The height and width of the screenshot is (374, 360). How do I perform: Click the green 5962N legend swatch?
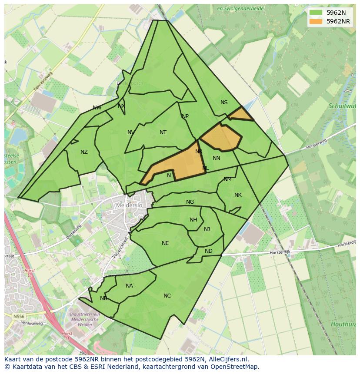(x=316, y=13)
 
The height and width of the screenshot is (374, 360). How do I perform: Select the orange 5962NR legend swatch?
(x=316, y=21)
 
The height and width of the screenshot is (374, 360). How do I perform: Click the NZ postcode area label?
(x=84, y=152)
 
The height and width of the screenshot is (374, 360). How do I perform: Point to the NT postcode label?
(x=163, y=132)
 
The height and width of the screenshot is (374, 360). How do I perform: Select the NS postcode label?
(x=224, y=103)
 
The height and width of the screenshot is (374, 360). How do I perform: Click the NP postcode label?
(x=185, y=116)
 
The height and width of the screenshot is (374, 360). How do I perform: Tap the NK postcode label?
(x=238, y=195)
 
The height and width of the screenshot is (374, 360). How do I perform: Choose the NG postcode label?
(x=190, y=202)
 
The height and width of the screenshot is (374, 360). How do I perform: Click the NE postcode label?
(x=165, y=243)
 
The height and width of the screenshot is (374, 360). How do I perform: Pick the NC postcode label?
(x=167, y=296)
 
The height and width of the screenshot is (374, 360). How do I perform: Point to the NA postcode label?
(x=129, y=286)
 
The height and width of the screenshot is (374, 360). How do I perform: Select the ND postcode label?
(x=209, y=251)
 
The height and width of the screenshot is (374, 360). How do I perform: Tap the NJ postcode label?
(x=207, y=229)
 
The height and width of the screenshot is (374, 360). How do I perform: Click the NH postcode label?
(x=193, y=220)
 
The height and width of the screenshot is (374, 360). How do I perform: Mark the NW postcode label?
(x=97, y=108)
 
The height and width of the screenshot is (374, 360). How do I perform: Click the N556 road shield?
(x=19, y=317)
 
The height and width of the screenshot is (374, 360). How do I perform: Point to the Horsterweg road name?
(x=316, y=144)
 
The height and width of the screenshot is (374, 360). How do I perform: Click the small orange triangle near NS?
(x=240, y=115)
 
